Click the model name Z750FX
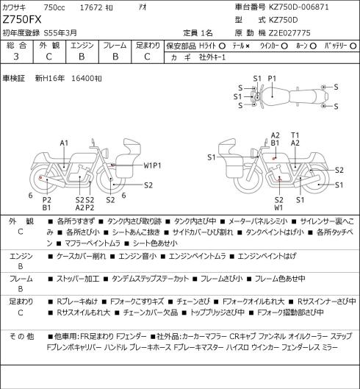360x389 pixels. [22, 20]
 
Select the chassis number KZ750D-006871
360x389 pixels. [299, 7]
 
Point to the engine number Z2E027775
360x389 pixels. [289, 33]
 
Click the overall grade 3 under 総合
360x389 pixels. [16, 57]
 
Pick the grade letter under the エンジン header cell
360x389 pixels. [82, 57]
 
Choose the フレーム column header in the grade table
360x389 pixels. [115, 46]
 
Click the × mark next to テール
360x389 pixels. [248, 46]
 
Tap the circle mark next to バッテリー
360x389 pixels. [353, 46]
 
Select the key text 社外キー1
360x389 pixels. [212, 57]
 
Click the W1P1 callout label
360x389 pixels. [152, 165]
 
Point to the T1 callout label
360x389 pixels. [295, 135]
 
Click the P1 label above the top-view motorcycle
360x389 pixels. [272, 79]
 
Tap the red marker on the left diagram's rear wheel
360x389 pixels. [40, 178]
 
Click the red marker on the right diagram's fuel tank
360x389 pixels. [274, 158]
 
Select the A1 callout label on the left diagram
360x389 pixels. [64, 143]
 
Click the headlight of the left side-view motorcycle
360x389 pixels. [106, 152]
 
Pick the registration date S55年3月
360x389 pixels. [60, 33]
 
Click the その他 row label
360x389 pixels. [21, 337]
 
